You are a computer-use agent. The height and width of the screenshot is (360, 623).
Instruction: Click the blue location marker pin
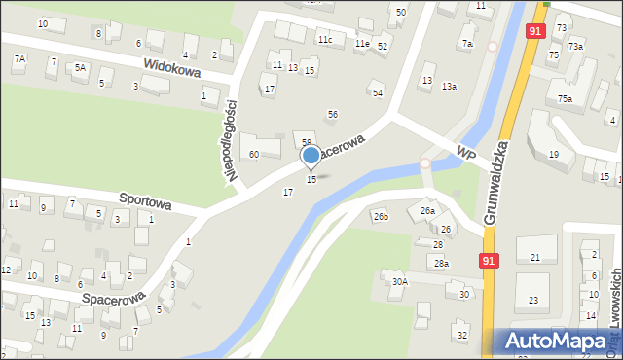coord(311,156)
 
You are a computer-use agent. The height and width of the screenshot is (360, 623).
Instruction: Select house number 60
coord(253,155)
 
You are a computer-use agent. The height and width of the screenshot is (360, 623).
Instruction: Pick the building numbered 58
coord(306,143)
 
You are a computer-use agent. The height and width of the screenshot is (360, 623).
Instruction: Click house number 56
coord(332,115)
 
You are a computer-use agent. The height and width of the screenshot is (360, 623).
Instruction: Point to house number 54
coord(377,92)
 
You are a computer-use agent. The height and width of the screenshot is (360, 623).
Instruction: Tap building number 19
coord(553,155)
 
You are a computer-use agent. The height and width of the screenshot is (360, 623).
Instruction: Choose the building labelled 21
coord(535,257)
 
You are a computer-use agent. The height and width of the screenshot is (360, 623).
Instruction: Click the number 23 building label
coord(532,301)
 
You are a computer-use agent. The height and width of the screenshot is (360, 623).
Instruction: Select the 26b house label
coord(380,216)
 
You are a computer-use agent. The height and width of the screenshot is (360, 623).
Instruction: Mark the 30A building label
coord(399,282)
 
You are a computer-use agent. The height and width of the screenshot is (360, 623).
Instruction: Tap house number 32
coord(462,336)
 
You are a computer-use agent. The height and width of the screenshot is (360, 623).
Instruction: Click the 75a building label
coord(564,99)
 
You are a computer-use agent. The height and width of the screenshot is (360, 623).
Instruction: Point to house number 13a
coord(449,87)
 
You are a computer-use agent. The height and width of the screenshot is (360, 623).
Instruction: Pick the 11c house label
coord(324,40)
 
